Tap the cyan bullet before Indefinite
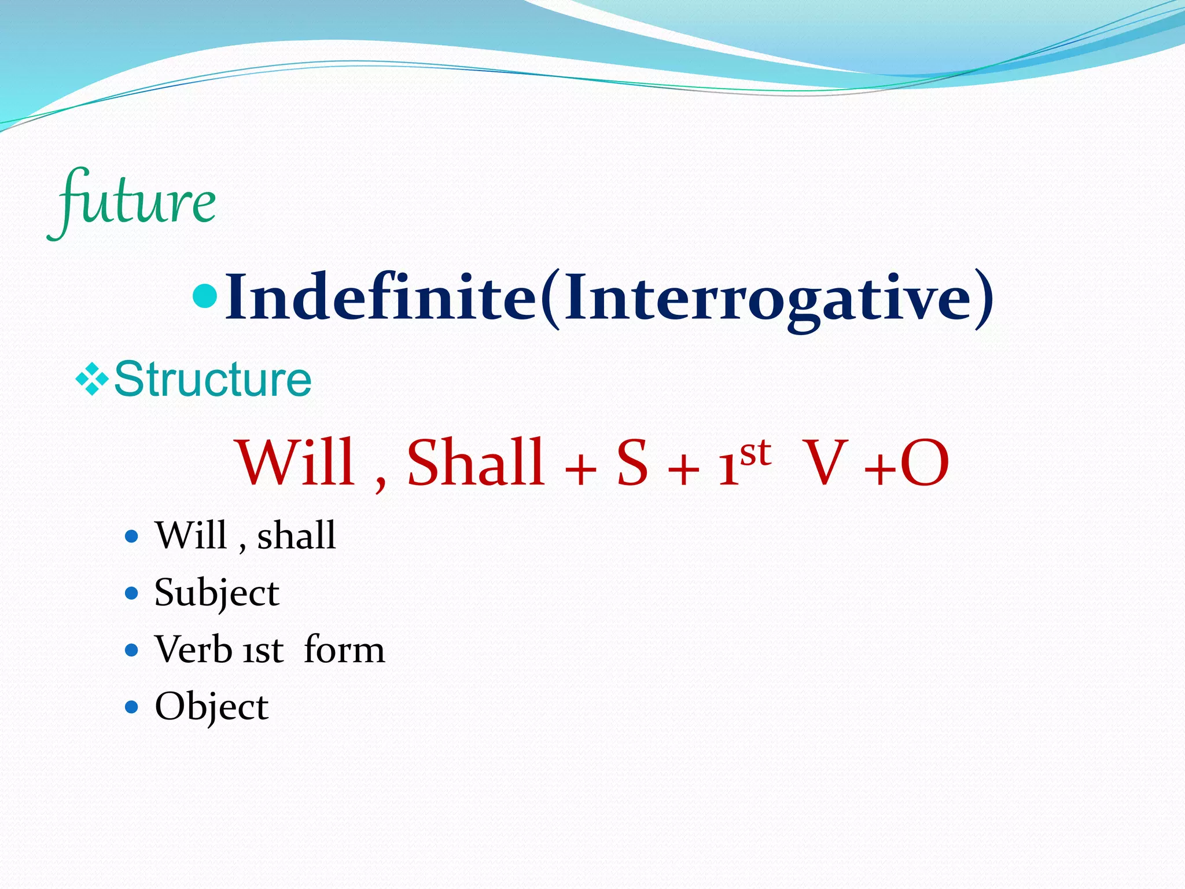204,296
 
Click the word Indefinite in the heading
380,298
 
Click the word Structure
212,380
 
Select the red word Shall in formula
476,463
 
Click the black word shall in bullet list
296,535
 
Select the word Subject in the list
216,593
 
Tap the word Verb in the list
193,649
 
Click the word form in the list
344,649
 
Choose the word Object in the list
211,707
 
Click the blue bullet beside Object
132,707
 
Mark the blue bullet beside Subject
132,593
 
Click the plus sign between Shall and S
580,469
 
